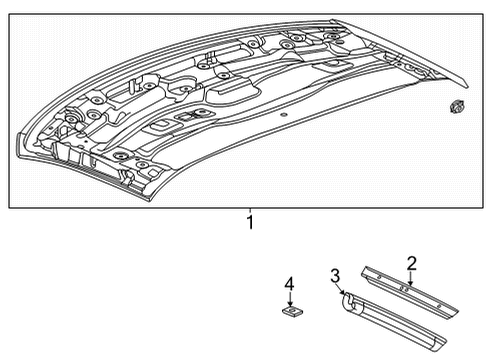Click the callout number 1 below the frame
click(x=250, y=223)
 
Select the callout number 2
click(x=412, y=263)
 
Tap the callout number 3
click(x=335, y=276)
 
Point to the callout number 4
click(x=289, y=285)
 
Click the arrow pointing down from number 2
click(x=411, y=279)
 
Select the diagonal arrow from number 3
click(x=340, y=289)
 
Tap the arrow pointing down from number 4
click(x=291, y=300)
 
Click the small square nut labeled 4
click(x=292, y=311)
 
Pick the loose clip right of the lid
click(x=456, y=107)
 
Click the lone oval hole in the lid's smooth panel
click(x=283, y=115)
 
